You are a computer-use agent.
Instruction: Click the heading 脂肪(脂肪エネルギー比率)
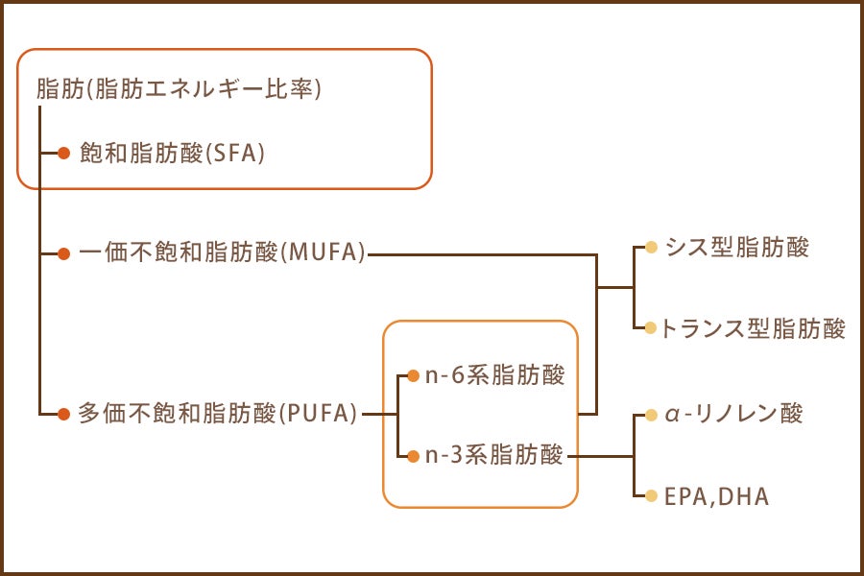point(179,88)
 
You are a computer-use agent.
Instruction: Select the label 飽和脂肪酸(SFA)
point(172,153)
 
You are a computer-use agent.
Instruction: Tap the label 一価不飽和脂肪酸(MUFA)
point(222,252)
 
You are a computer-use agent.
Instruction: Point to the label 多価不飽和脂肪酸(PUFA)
point(217,414)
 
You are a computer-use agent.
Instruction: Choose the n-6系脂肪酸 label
point(494,375)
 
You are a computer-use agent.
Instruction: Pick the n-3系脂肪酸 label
point(494,455)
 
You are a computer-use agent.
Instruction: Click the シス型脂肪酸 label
point(736,248)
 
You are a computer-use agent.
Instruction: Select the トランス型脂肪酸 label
point(753,328)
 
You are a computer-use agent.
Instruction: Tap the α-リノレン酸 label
point(733,414)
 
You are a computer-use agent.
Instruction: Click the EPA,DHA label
point(716,496)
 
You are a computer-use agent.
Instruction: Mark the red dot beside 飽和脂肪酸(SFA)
point(64,154)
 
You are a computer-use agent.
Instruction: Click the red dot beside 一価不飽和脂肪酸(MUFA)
point(64,254)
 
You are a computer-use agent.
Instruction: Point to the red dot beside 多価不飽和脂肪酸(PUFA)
point(64,414)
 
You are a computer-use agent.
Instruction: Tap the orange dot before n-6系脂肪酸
point(413,376)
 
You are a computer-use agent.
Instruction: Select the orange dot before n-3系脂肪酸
point(413,456)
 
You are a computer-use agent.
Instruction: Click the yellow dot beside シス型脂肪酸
point(651,248)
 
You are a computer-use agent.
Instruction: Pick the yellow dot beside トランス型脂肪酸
point(651,328)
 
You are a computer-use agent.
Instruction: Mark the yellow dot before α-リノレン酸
point(651,415)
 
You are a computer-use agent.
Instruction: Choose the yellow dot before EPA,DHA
point(651,496)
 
